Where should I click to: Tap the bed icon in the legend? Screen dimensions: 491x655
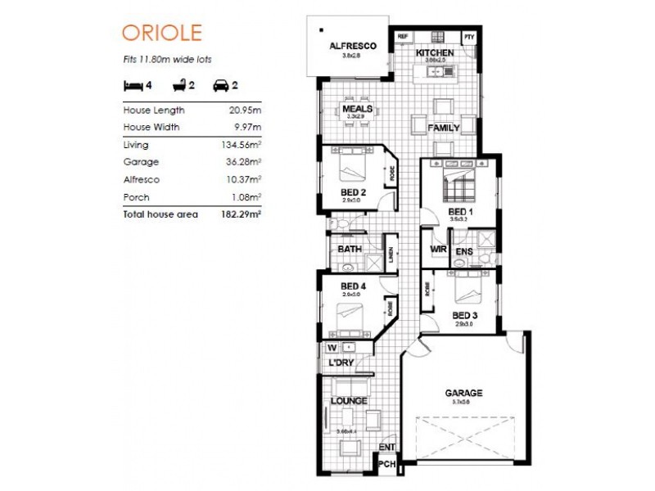pyautogui.click(x=132, y=84)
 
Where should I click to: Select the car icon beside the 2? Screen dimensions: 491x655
pyautogui.click(x=220, y=84)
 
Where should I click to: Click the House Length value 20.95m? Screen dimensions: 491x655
pyautogui.click(x=245, y=110)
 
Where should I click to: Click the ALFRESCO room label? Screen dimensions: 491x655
pyautogui.click(x=352, y=47)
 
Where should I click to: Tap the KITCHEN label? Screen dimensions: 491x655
pyautogui.click(x=434, y=53)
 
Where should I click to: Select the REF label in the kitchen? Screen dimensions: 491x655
pyautogui.click(x=402, y=37)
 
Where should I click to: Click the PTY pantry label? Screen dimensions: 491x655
pyautogui.click(x=469, y=37)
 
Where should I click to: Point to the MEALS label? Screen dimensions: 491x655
pyautogui.click(x=358, y=108)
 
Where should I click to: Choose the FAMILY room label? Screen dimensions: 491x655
pyautogui.click(x=443, y=128)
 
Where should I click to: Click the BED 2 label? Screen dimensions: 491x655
pyautogui.click(x=353, y=193)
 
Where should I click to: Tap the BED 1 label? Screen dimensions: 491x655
pyautogui.click(x=461, y=211)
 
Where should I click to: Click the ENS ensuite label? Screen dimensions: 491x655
pyautogui.click(x=463, y=251)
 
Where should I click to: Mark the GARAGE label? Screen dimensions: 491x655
pyautogui.click(x=463, y=393)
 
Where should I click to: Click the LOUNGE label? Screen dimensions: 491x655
pyautogui.click(x=349, y=401)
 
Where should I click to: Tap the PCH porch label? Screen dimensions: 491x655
pyautogui.click(x=386, y=464)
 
